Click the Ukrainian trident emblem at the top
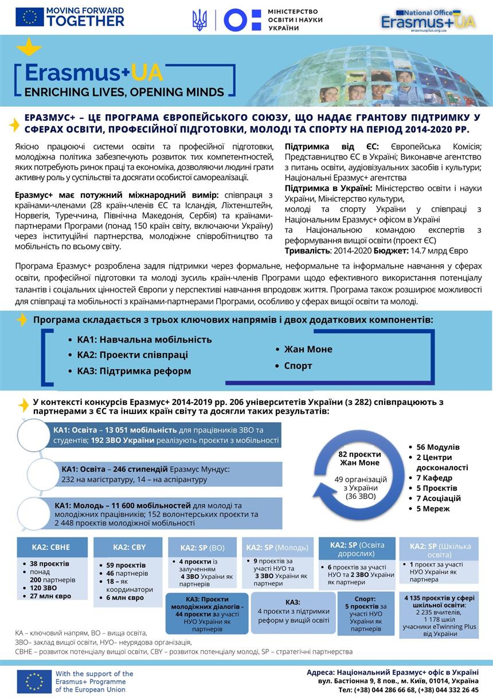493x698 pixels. click(199, 20)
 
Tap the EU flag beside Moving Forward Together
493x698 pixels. click(29, 17)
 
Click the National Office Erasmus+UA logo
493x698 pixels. click(428, 20)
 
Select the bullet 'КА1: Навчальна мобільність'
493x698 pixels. click(144, 340)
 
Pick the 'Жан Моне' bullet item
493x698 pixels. click(308, 349)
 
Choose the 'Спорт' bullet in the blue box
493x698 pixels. click(298, 366)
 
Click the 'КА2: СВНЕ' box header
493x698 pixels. click(52, 547)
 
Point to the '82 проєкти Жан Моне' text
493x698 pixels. click(360, 458)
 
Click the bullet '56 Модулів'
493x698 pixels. click(438, 447)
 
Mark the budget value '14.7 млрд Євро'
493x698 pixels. click(439, 251)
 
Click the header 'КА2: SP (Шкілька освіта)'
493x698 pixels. click(439, 549)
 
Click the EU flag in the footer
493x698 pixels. click(34, 681)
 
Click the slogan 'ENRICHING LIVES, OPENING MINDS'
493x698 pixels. click(124, 92)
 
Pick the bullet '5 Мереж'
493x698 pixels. click(433, 509)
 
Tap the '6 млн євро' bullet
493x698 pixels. click(125, 598)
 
